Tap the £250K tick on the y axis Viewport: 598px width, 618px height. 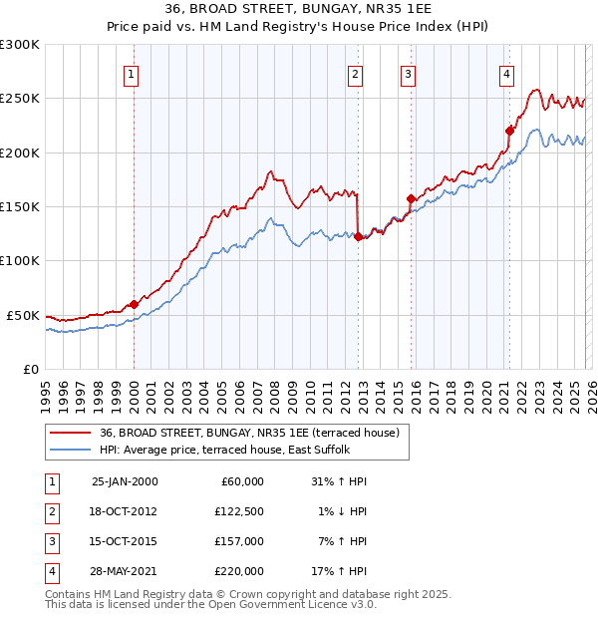click(20, 99)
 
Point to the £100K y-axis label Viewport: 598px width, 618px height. click(20, 260)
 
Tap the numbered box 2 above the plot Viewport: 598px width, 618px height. click(356, 73)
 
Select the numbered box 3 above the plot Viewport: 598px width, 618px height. click(409, 73)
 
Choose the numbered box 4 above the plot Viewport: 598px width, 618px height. click(507, 73)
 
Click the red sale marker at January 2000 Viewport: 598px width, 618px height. click(134, 304)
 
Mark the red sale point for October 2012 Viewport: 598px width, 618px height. click(358, 237)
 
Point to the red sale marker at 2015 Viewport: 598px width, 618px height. click(411, 199)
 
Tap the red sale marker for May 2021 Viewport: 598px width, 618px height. click(509, 130)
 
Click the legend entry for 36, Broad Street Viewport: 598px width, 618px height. click(249, 433)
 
